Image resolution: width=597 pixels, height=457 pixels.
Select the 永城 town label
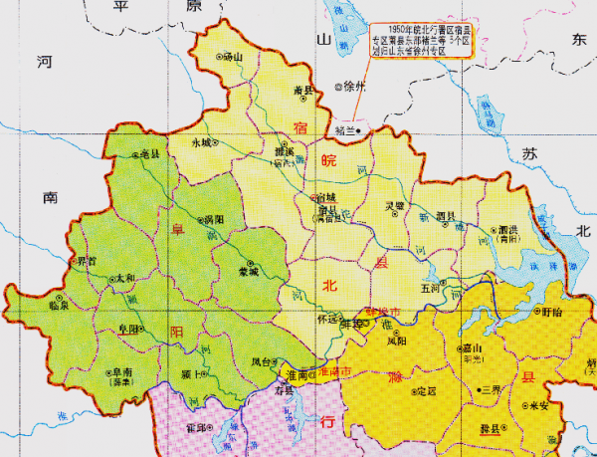(203, 142)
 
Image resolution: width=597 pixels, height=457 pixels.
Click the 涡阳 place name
(211, 219)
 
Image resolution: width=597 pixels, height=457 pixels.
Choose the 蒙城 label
(248, 270)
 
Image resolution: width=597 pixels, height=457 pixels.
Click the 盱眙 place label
(550, 312)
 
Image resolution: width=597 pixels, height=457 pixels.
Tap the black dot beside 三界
(480, 388)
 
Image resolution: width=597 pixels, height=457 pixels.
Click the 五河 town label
(431, 287)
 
